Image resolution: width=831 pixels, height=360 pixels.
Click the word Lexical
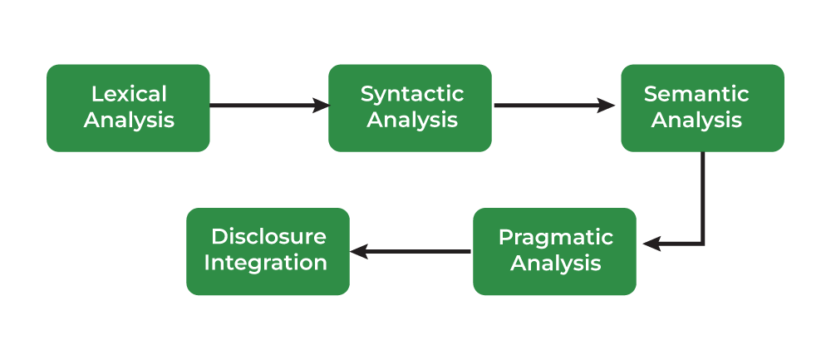[x=129, y=94]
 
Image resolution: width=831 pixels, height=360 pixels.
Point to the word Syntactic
[x=412, y=94]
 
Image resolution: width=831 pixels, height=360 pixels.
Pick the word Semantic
[x=696, y=94]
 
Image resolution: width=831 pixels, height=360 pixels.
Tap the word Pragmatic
[x=555, y=237]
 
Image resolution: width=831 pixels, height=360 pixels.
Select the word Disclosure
[x=268, y=237]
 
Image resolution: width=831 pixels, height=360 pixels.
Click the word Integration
[x=266, y=264]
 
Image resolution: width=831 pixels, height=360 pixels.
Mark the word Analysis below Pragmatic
[x=555, y=264]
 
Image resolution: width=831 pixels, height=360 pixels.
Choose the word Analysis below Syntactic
[x=412, y=120]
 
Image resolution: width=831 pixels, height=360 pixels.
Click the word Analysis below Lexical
[x=129, y=120]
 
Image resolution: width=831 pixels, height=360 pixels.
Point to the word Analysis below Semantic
[x=696, y=120]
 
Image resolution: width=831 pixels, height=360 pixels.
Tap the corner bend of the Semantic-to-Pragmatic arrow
[x=703, y=244]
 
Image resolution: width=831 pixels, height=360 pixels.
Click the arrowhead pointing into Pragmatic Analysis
[x=652, y=244]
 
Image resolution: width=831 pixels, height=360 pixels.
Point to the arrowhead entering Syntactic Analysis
[x=321, y=106]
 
